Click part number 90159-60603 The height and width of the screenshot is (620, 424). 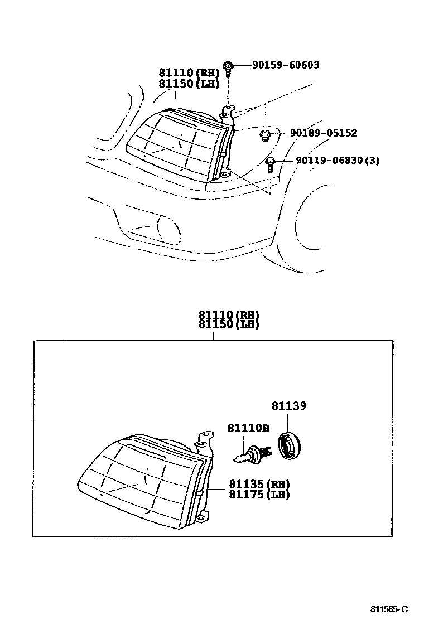(x=285, y=65)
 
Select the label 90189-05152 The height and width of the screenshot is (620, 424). (x=323, y=133)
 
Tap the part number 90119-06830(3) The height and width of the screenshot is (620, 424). (x=337, y=161)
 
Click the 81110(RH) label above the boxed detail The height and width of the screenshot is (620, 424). (x=229, y=315)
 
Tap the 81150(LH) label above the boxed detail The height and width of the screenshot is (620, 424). (x=229, y=324)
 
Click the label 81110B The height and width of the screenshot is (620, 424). (x=248, y=428)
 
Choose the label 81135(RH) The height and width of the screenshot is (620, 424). (x=259, y=484)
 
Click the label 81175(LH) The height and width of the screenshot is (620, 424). (x=259, y=494)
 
